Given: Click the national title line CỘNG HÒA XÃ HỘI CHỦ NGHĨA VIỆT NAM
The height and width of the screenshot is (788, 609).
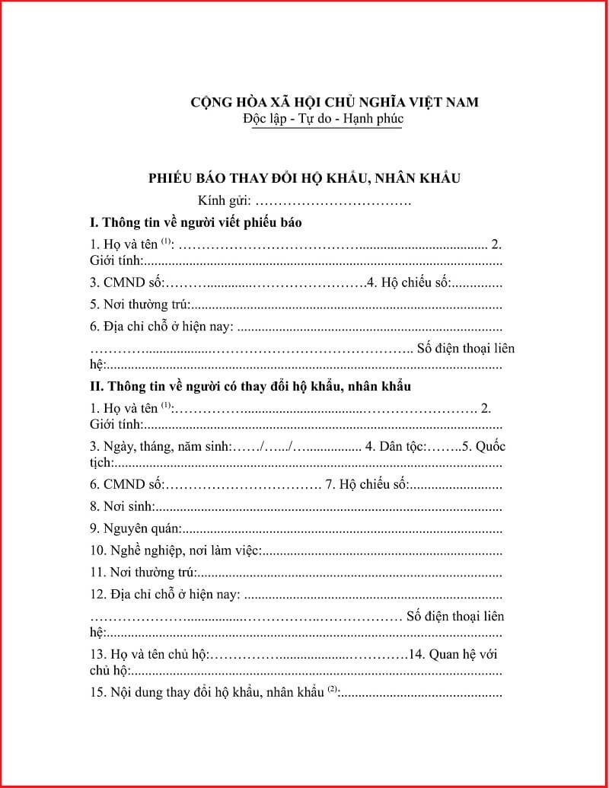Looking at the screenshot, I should [334, 102].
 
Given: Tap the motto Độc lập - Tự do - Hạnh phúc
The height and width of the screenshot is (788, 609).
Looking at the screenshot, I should [324, 119].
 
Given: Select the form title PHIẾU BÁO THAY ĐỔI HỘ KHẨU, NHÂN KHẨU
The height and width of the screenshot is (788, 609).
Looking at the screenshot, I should [304, 178].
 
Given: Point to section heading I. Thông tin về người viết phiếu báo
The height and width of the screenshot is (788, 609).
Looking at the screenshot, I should [196, 223].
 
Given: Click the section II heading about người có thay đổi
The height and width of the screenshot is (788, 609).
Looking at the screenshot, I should [250, 386].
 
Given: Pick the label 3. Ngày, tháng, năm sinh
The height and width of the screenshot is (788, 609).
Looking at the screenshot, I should [160, 445].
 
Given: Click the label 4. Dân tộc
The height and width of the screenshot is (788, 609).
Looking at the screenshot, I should [396, 445].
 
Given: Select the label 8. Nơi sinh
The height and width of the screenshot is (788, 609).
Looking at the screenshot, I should [123, 506].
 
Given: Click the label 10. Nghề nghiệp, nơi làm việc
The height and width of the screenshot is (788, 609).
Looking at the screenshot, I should [176, 550].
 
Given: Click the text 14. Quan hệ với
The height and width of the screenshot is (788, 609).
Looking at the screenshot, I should [454, 654].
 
